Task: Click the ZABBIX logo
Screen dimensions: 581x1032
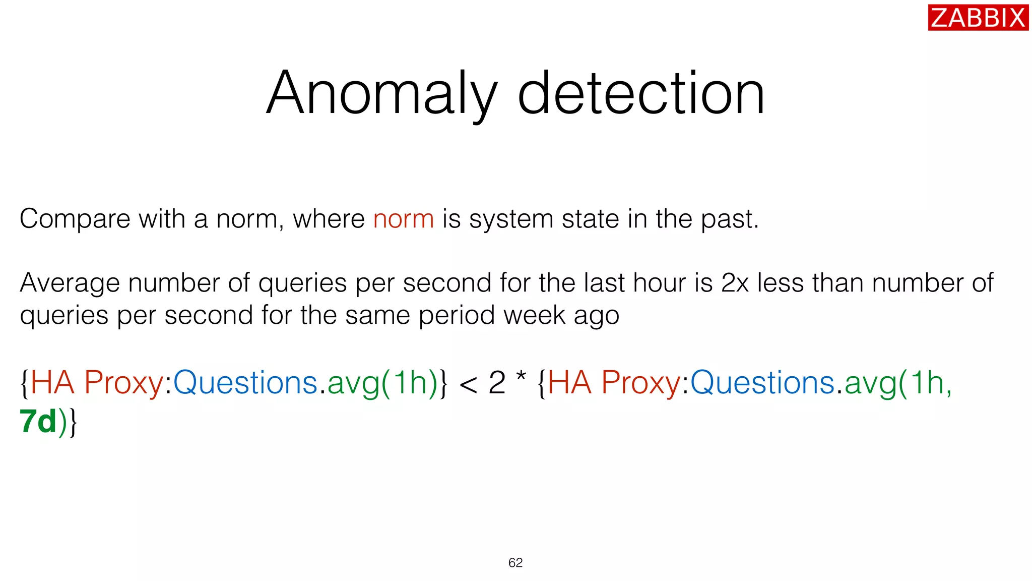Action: tap(978, 18)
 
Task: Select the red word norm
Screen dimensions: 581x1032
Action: tap(403, 219)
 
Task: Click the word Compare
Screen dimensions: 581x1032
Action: tap(75, 219)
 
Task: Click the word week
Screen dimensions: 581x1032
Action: tap(534, 316)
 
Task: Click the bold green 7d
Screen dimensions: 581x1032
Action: tap(38, 422)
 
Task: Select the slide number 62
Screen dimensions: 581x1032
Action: tap(515, 563)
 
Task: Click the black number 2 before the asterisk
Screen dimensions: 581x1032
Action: tap(497, 383)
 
